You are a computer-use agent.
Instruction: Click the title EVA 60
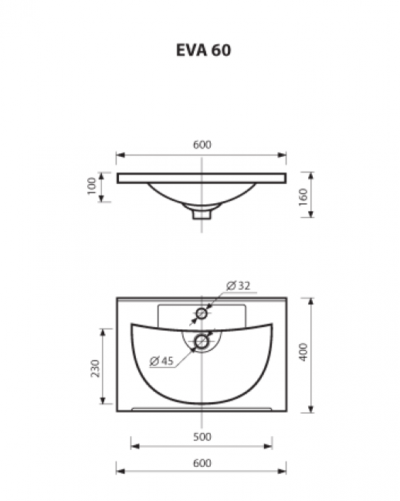point(203,50)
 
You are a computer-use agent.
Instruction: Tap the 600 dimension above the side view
point(202,145)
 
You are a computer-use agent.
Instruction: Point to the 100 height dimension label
point(92,186)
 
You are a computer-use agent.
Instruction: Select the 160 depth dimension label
point(303,197)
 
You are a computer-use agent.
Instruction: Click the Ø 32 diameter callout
point(238,285)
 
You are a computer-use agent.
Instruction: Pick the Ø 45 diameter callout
point(161,361)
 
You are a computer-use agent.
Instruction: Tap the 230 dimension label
point(96,368)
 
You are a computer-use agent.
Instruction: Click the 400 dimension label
point(303,352)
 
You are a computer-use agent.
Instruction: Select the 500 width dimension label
point(202,437)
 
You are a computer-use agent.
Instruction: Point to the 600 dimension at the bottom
point(202,463)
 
